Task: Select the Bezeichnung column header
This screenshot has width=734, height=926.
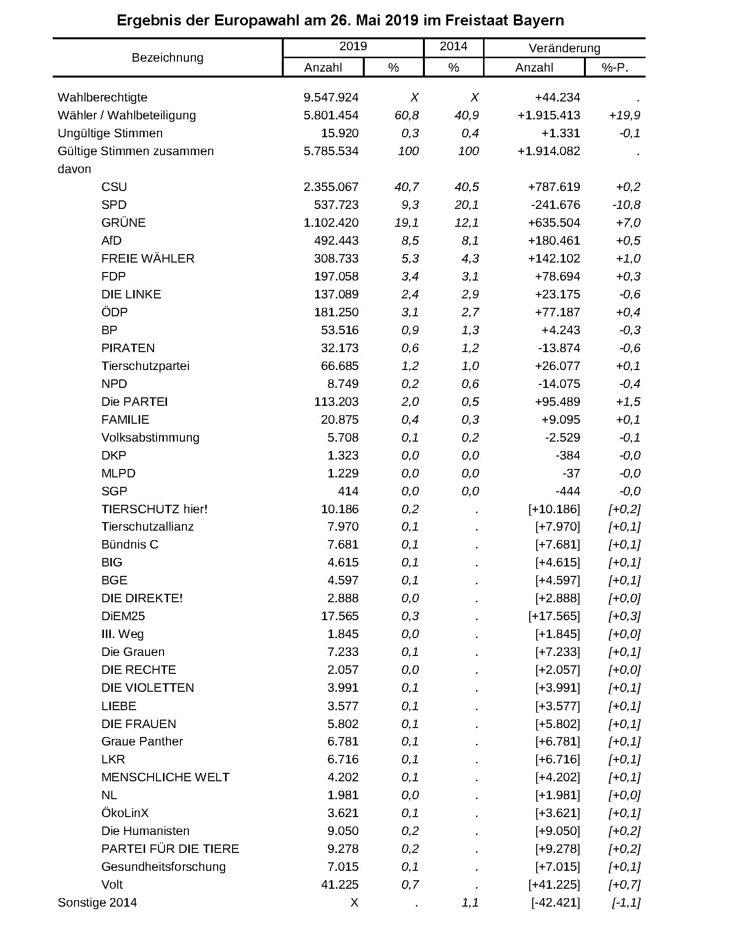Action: [167, 58]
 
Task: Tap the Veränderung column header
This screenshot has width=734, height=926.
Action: [564, 48]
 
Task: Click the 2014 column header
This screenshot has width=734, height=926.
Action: [453, 47]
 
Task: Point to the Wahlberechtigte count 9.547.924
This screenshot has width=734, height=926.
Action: [331, 97]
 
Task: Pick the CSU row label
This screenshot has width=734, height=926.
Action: [114, 187]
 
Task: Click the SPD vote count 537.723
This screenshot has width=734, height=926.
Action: [336, 205]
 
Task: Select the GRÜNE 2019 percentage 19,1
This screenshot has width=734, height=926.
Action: [407, 223]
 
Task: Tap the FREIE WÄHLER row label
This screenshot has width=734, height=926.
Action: [148, 259]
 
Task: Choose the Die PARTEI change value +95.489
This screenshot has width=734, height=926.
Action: [557, 402]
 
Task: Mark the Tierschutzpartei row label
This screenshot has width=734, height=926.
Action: [145, 366]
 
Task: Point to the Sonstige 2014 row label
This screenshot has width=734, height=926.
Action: [97, 903]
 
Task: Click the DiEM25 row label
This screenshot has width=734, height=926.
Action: [123, 616]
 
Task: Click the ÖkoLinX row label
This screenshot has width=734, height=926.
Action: [125, 813]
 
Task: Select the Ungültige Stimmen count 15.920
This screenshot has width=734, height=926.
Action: [339, 133]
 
